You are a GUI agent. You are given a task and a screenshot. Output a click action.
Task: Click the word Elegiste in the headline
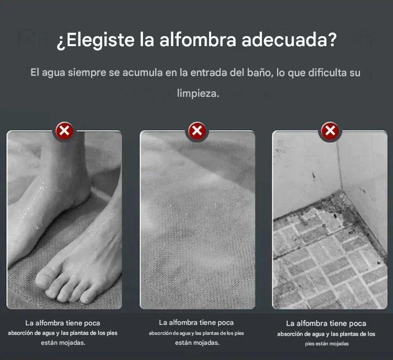click(100, 40)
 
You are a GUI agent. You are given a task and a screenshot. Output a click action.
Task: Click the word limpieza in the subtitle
click(198, 93)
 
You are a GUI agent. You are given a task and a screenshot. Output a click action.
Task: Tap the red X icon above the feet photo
click(64, 131)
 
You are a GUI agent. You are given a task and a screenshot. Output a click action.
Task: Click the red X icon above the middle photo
click(197, 131)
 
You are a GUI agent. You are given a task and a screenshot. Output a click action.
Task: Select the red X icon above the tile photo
click(330, 131)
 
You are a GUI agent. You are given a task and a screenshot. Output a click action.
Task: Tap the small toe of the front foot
click(86, 299)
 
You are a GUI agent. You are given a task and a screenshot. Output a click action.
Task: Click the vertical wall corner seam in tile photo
click(339, 163)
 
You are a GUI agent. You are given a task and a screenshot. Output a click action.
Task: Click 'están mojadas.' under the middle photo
click(197, 343)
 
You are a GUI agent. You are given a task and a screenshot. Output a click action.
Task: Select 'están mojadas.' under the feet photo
click(63, 343)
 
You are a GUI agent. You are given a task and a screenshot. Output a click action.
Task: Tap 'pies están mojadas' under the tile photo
click(327, 344)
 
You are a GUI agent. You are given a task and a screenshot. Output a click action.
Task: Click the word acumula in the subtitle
click(143, 73)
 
